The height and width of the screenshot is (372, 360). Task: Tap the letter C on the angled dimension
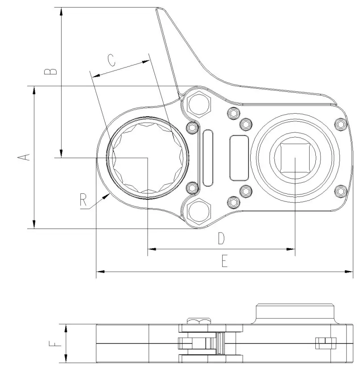pos(112,60)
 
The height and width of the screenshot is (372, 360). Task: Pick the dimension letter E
pos(224,261)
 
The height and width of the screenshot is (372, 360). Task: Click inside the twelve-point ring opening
pos(147,158)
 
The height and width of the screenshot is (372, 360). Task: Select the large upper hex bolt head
pos(199,103)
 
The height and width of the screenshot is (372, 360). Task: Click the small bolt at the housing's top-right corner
pos(340,125)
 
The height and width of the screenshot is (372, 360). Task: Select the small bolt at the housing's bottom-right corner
pos(340,191)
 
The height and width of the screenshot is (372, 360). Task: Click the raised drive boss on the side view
pos(295,315)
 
